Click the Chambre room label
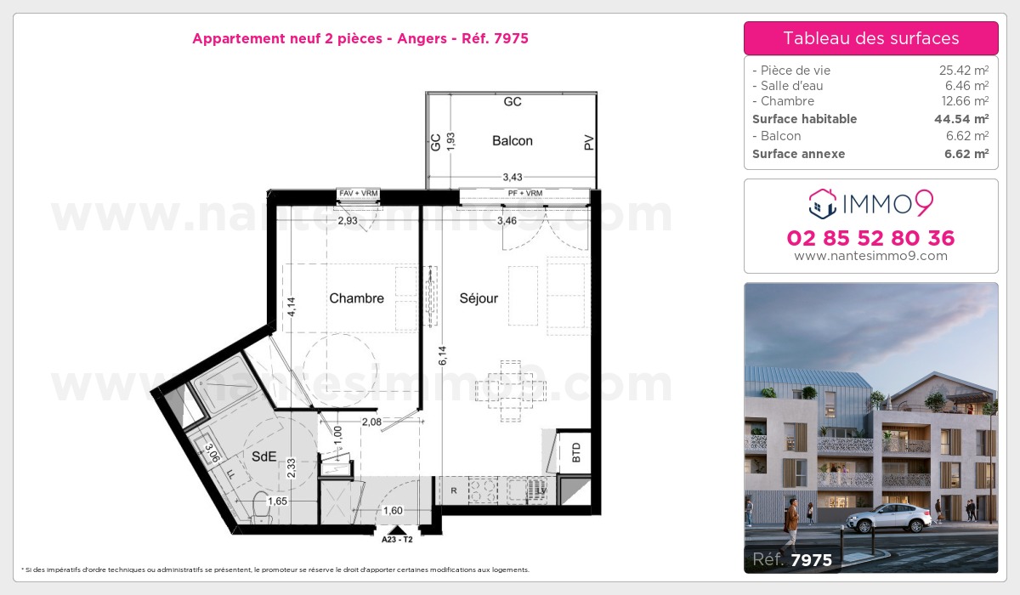tap(356, 298)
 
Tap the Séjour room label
tap(479, 298)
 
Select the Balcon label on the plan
tap(513, 140)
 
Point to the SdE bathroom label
tap(263, 456)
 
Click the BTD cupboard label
tap(577, 451)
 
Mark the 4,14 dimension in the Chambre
tap(290, 306)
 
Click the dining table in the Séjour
tap(510, 390)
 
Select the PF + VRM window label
tap(524, 194)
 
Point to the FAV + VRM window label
tap(358, 194)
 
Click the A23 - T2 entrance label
tap(397, 538)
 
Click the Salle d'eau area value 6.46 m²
tap(970, 86)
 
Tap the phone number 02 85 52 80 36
tap(870, 238)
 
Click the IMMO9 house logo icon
tap(822, 203)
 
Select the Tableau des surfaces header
tap(870, 38)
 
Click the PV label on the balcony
tap(588, 144)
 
